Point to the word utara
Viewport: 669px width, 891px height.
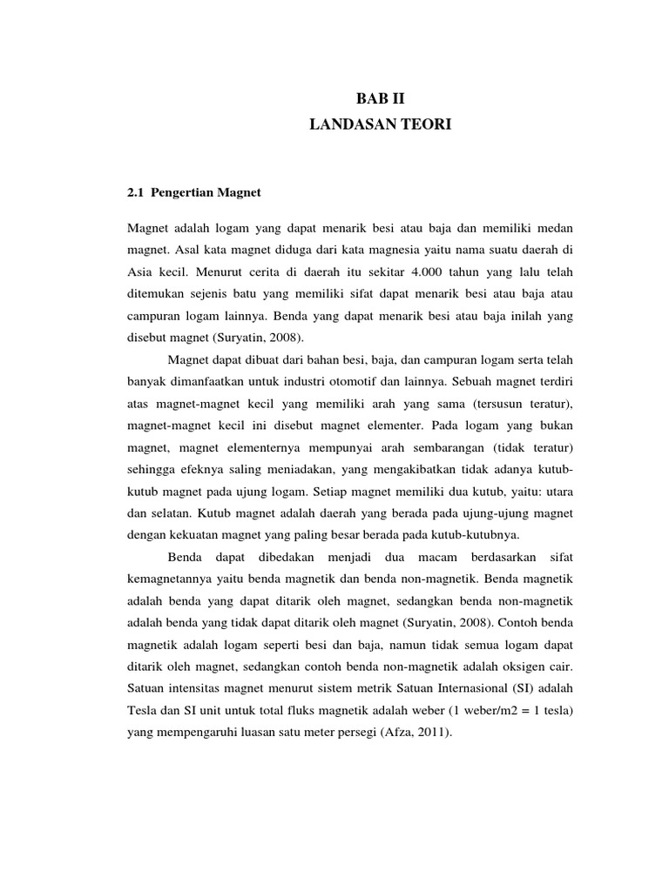click(557, 491)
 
